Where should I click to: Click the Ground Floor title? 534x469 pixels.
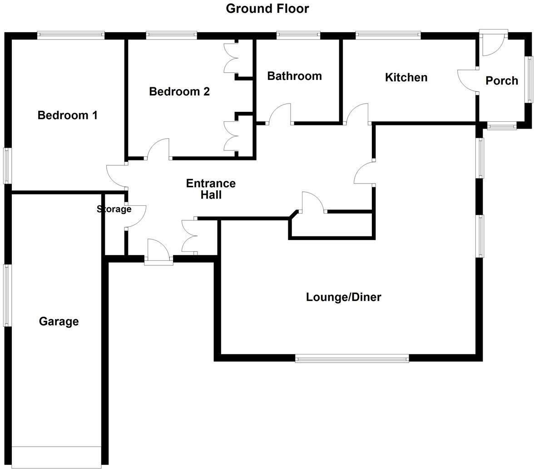click(x=267, y=9)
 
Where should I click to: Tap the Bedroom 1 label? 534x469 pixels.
click(x=67, y=115)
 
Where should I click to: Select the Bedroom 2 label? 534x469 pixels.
click(x=179, y=92)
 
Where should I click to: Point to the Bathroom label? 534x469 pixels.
click(x=294, y=76)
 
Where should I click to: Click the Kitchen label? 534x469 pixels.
click(x=406, y=78)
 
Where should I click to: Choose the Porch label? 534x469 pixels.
click(x=502, y=81)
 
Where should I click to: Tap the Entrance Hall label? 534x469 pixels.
click(x=211, y=189)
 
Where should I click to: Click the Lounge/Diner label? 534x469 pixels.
click(x=343, y=297)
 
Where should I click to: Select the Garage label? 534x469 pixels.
click(x=59, y=322)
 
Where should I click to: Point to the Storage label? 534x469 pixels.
click(x=114, y=209)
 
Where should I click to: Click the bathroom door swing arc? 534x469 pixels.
click(x=280, y=113)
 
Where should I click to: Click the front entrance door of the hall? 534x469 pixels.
click(x=158, y=251)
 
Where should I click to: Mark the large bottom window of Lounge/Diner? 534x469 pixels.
click(x=352, y=359)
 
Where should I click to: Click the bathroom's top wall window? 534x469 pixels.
click(x=298, y=35)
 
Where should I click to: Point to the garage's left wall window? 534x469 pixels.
click(x=7, y=295)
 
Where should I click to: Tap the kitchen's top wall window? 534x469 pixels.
click(x=388, y=35)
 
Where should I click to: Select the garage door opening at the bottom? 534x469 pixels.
click(x=56, y=457)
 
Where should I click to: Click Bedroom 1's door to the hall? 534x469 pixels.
click(x=116, y=176)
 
